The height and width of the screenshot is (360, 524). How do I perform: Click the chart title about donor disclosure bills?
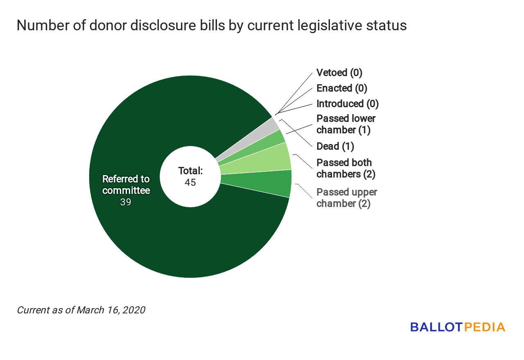coord(211,25)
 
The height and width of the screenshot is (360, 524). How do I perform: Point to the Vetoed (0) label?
coord(339,73)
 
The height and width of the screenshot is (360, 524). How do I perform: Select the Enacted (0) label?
coord(342,88)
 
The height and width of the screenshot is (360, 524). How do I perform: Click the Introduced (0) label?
coord(348,104)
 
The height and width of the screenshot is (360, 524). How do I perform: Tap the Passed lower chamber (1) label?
coord(346,124)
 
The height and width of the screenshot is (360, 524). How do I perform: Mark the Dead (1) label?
coord(335,146)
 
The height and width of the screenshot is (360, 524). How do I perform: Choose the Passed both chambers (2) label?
coord(346,169)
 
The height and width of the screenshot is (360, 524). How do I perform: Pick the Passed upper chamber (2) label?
coord(347,198)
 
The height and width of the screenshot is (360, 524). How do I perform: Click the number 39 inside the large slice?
coord(126,202)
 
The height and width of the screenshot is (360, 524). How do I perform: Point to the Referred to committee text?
coord(126,185)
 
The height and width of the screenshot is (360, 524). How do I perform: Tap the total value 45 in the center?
coord(190,182)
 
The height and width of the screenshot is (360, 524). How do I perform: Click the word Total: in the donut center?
coord(190,171)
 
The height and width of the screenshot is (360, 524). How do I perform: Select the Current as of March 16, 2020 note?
coord(81,310)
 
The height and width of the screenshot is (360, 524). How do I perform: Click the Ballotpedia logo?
coord(458,327)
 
